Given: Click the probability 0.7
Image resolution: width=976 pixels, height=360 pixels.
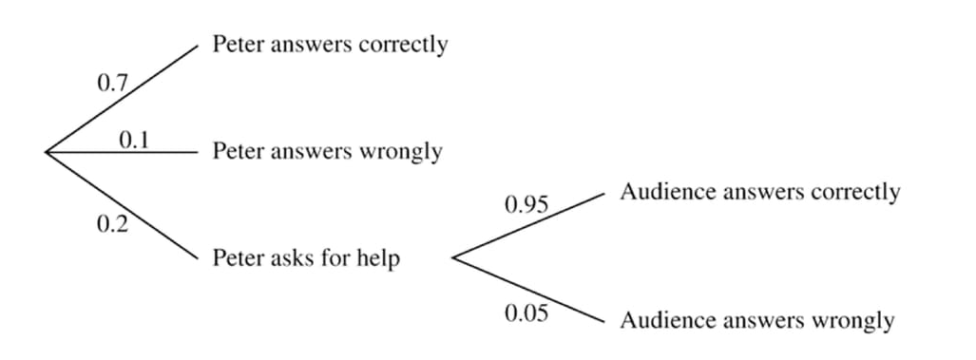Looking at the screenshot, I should click(112, 84).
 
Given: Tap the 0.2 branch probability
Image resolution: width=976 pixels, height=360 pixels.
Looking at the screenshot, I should click(112, 225).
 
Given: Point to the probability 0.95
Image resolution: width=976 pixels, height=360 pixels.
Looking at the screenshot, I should click(526, 205).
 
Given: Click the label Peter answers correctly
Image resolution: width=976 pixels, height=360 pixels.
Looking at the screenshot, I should click(330, 45).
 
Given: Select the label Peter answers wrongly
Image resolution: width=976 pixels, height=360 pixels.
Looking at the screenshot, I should click(327, 151).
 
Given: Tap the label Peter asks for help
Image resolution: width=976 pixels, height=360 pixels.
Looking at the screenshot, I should click(306, 258).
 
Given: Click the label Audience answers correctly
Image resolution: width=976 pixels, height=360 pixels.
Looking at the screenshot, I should click(759, 193).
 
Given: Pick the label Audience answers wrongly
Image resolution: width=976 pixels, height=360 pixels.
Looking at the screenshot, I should click(756, 321).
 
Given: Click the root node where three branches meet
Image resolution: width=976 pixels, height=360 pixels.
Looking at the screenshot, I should click(46, 151).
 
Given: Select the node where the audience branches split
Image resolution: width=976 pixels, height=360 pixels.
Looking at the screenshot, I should click(452, 257).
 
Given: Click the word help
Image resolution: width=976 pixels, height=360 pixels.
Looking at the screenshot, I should click(380, 258).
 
